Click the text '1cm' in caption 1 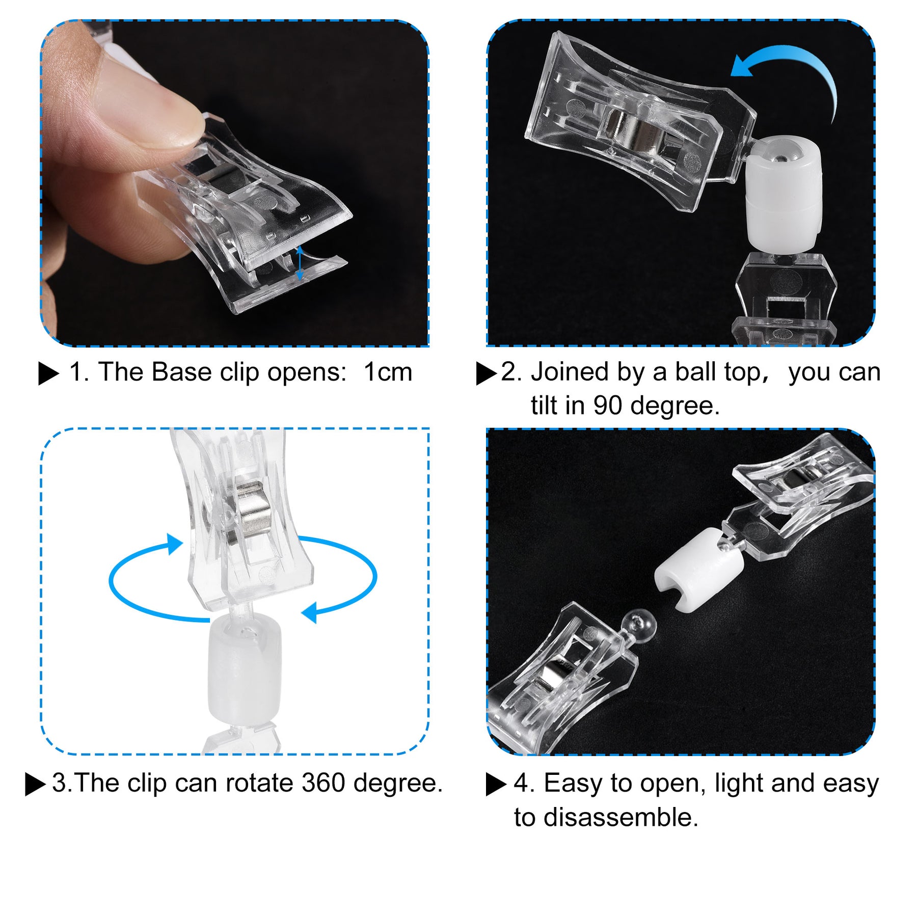[388, 372]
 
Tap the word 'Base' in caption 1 [181, 372]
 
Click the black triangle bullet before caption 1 [48, 373]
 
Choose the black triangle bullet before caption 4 [496, 785]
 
